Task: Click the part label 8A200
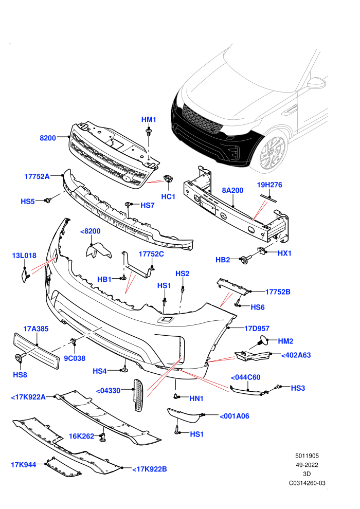tap(232, 190)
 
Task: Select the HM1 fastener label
tap(149, 119)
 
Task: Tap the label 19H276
tap(269, 185)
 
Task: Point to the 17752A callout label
tap(37, 176)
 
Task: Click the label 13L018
tap(24, 256)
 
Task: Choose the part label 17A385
tap(35, 329)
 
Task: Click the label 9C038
tap(75, 358)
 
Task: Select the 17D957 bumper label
tap(257, 329)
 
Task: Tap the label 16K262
tap(81, 436)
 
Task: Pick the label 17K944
tap(24, 465)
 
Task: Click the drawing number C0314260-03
tap(307, 483)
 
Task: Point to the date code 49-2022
tap(307, 465)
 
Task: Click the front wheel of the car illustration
tap(273, 153)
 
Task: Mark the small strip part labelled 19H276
tap(269, 198)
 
